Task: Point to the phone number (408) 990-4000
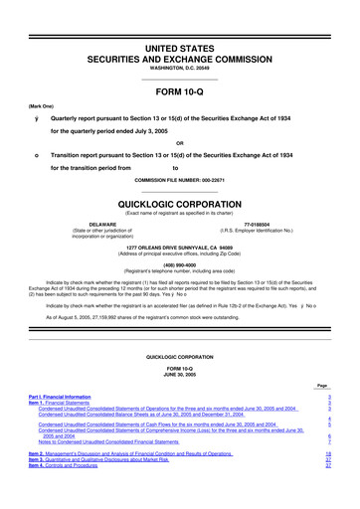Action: pos(179,265)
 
